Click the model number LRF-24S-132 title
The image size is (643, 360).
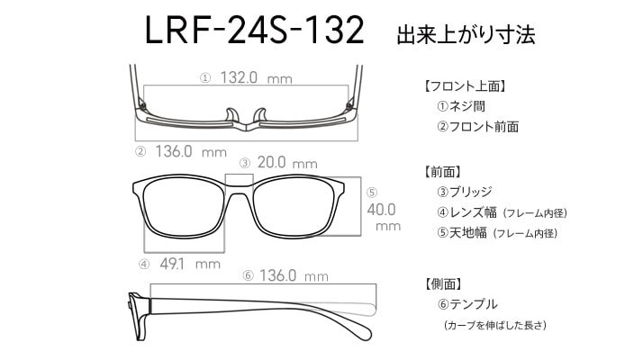(254, 31)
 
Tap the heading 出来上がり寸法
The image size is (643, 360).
(466, 35)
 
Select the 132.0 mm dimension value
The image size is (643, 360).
(257, 77)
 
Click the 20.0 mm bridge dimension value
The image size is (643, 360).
(287, 162)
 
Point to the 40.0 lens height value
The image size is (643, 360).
(381, 210)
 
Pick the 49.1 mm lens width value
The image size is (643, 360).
(190, 264)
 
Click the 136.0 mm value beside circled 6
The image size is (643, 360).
(294, 275)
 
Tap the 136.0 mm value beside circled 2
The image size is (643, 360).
(191, 151)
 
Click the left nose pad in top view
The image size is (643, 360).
(232, 115)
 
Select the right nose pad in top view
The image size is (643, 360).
(259, 115)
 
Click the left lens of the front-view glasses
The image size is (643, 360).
(184, 207)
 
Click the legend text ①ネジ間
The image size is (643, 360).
(461, 106)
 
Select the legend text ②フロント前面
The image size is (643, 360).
(477, 126)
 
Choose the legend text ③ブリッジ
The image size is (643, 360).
(465, 192)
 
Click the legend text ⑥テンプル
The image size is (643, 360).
(467, 304)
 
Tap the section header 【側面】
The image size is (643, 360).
(443, 283)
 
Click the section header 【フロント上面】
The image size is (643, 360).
(466, 86)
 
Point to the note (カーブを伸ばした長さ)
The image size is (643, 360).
(495, 325)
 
